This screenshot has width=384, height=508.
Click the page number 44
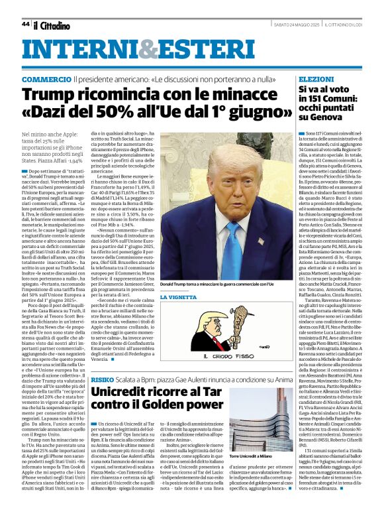coord(25,24)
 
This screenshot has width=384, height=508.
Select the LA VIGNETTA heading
coord(178,296)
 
